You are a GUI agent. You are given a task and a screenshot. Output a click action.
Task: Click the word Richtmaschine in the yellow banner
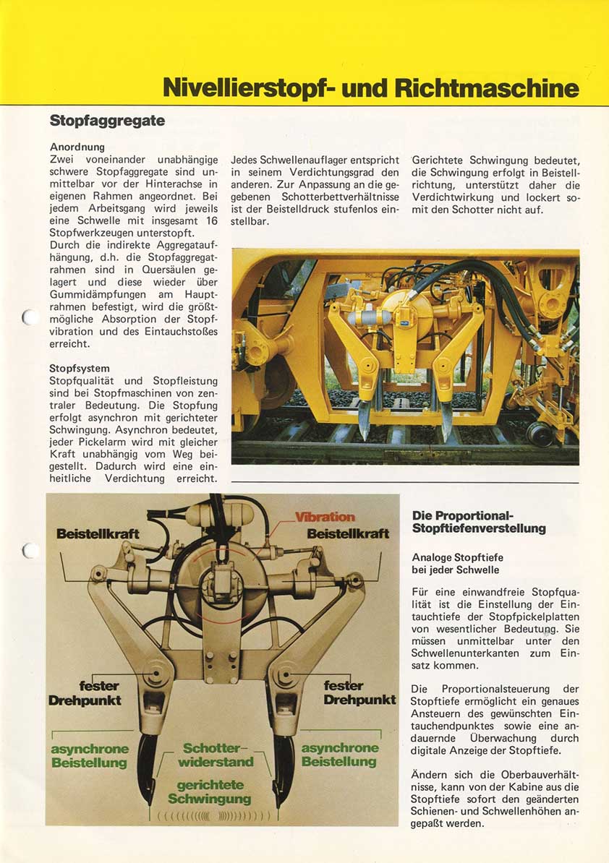point(487,88)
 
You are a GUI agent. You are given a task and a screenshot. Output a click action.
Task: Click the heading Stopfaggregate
point(107,121)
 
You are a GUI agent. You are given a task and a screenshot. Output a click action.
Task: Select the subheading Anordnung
point(77,147)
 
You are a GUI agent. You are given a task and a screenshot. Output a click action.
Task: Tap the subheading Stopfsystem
point(80,369)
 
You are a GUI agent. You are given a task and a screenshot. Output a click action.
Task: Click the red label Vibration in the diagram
point(325,517)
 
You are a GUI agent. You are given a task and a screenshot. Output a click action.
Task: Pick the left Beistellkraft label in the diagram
point(98,533)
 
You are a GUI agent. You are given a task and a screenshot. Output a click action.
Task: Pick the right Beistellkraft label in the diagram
point(348,533)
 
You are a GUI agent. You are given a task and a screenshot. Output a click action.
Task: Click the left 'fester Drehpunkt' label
point(85,693)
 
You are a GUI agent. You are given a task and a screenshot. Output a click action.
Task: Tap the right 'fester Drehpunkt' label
point(359,692)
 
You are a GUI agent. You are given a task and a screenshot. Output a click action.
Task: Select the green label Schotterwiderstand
point(216,755)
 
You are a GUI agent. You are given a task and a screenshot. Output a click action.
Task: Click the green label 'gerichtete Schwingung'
point(210,791)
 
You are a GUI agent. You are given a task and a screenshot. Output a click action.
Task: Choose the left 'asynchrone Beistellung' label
point(90,755)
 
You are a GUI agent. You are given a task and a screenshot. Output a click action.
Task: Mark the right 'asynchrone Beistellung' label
point(339,755)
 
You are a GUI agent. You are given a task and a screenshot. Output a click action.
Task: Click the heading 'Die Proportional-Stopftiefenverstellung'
point(479,522)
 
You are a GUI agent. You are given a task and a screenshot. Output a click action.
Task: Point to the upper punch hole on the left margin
point(27,317)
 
